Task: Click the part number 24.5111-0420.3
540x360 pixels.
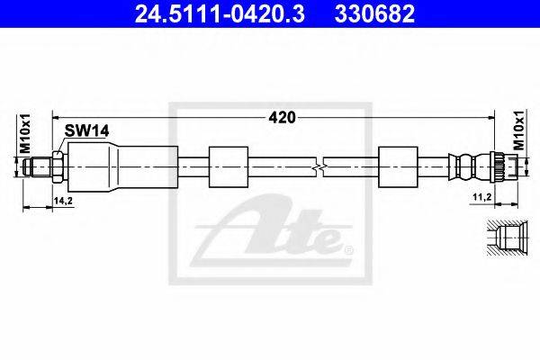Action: click(x=220, y=13)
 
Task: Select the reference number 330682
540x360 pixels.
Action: click(x=374, y=13)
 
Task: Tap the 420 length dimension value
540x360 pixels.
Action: click(x=282, y=118)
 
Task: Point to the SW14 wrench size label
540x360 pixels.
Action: click(x=87, y=130)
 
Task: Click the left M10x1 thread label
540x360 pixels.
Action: click(x=25, y=133)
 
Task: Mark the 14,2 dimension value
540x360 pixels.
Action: click(x=63, y=201)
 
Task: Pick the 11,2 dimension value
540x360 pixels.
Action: click(x=481, y=197)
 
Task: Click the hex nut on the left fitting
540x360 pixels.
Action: click(x=58, y=166)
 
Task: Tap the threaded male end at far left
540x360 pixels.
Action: click(x=37, y=166)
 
